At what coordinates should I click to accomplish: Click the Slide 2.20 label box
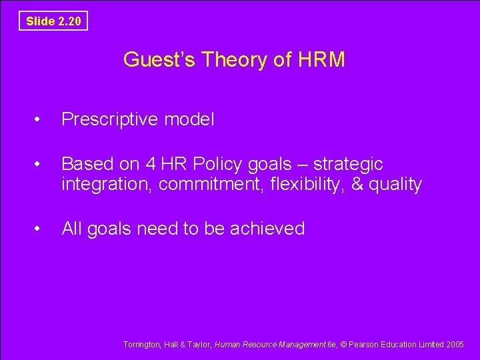tap(53, 21)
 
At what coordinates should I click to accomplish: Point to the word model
tap(191, 119)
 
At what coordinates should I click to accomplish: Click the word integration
tap(107, 184)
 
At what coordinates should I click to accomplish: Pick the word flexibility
tap(303, 184)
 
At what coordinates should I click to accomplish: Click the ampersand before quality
tap(357, 184)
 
